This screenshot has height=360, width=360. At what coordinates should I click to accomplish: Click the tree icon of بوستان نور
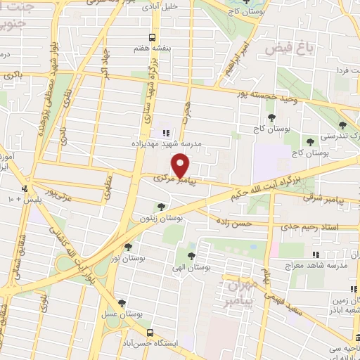tap(127, 246)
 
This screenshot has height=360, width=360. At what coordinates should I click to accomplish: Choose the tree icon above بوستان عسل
tap(123, 303)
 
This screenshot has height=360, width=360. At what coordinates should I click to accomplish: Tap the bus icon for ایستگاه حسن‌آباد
tap(149, 331)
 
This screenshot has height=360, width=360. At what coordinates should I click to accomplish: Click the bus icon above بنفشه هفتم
tap(152, 37)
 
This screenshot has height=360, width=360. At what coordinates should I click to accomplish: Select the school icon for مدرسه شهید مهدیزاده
tap(166, 133)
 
